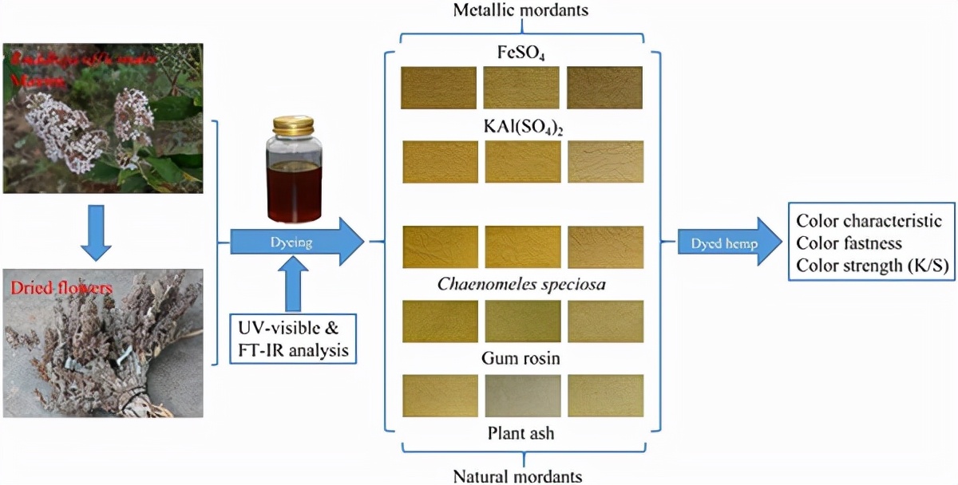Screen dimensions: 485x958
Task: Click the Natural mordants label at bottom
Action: [517, 476]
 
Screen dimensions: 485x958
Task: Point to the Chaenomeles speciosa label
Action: [522, 285]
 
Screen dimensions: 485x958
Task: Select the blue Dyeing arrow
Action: [295, 241]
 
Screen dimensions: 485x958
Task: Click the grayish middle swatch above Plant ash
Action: [522, 396]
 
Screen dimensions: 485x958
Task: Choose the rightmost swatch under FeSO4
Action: [605, 87]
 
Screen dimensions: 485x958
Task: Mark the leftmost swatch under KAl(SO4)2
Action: [440, 162]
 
